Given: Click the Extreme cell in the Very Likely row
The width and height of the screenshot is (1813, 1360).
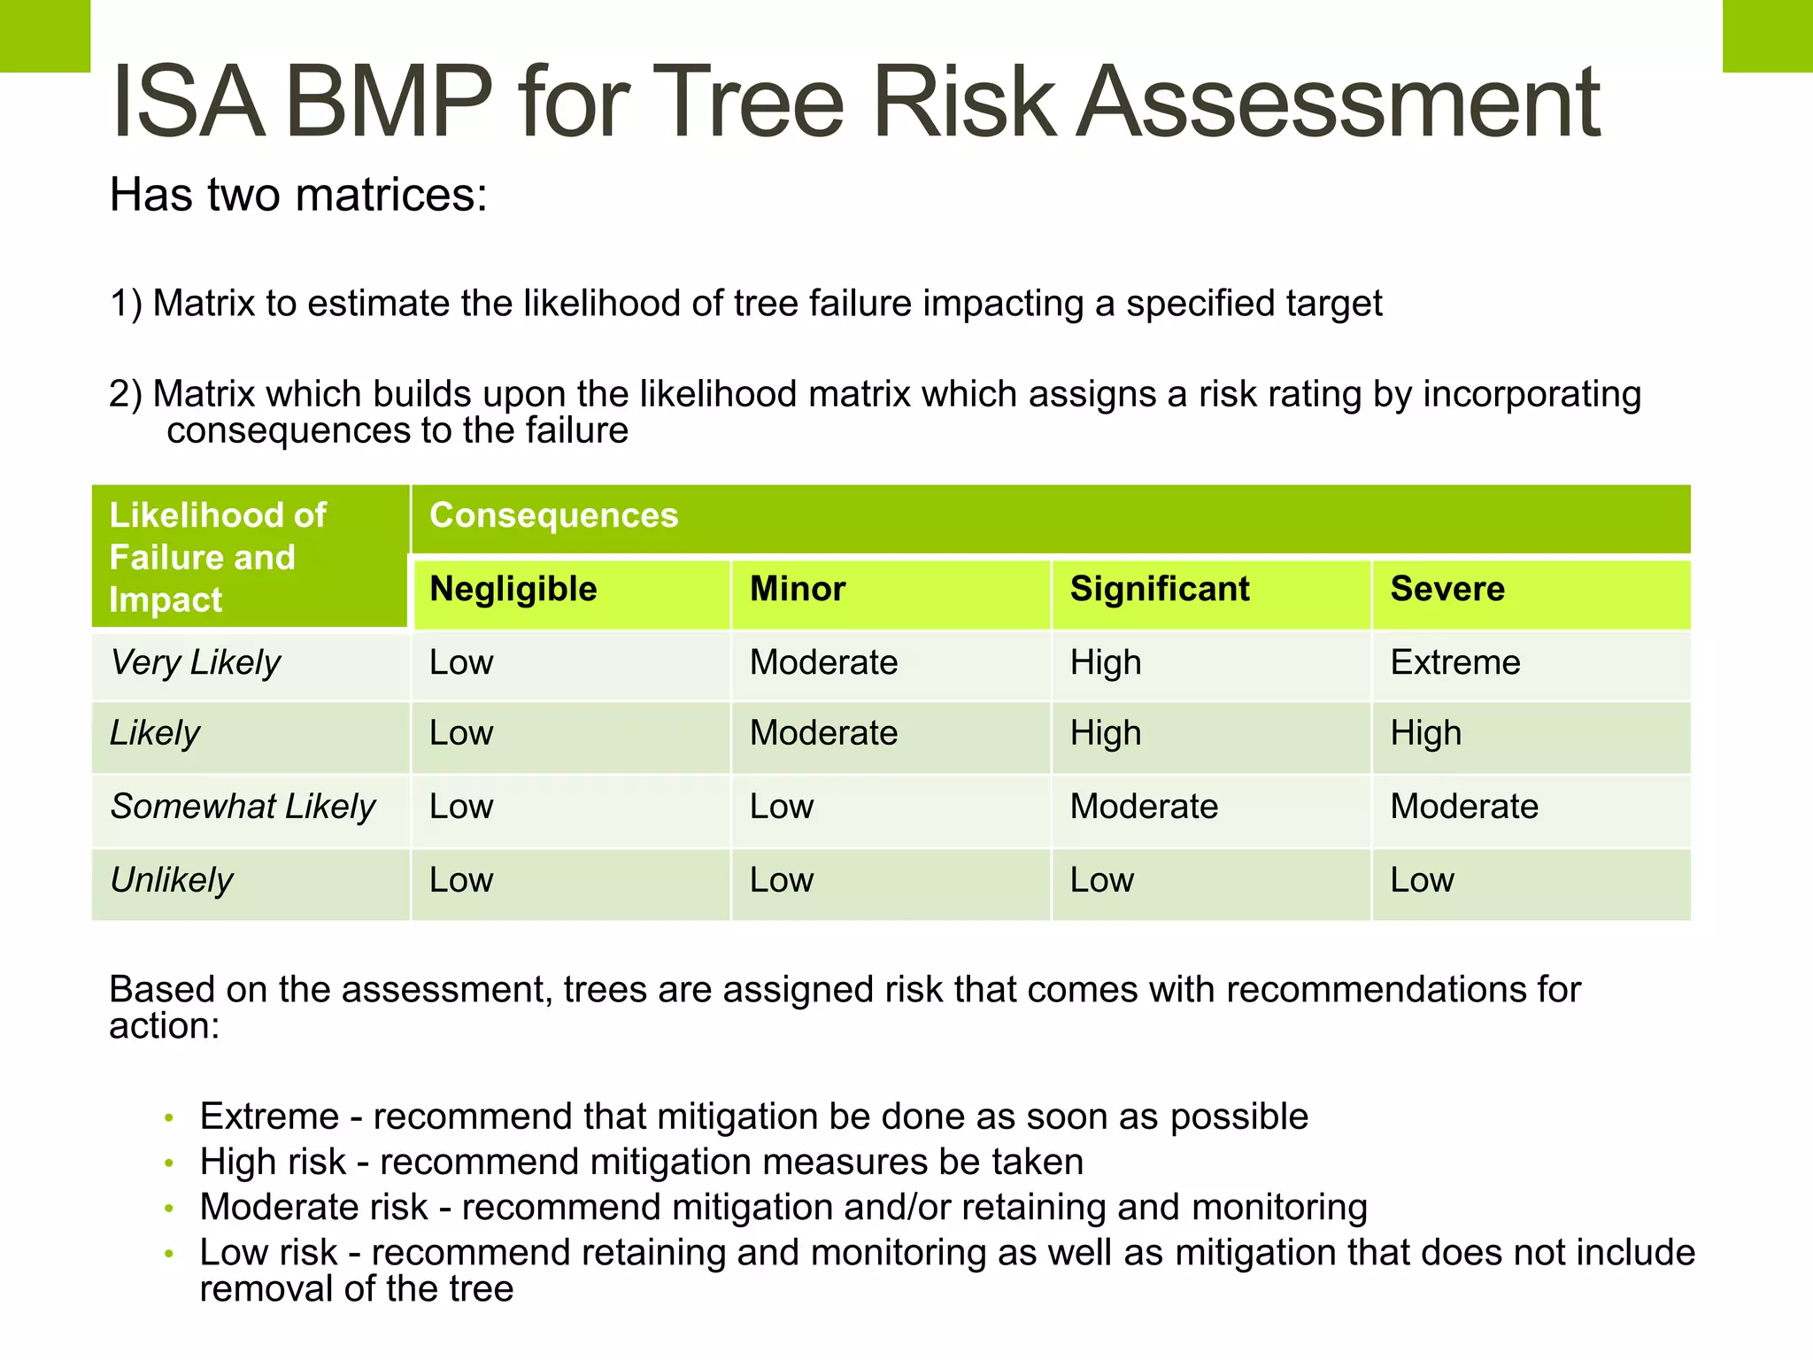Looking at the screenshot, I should [x=1454, y=662].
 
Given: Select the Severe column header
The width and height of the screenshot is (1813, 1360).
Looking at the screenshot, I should [x=1447, y=590].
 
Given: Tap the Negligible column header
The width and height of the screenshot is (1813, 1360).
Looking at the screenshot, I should [x=513, y=590].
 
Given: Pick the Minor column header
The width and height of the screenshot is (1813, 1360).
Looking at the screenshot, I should [x=798, y=590].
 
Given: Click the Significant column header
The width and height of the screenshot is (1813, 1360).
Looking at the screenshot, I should [x=1160, y=590].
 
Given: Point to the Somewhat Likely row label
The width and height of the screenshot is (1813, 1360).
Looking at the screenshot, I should [x=243, y=807].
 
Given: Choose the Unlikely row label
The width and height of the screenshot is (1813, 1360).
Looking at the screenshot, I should [x=171, y=880].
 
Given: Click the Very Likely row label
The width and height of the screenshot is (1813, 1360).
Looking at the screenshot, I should [x=195, y=662].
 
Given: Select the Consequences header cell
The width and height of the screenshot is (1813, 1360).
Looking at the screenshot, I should [x=553, y=516].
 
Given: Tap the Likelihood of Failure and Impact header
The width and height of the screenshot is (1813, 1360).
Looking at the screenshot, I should [x=217, y=557].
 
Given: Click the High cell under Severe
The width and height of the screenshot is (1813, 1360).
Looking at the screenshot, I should [x=1425, y=734].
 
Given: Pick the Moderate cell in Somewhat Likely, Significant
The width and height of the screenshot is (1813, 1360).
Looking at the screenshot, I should [x=1144, y=807].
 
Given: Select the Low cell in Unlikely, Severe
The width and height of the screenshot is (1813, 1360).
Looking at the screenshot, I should [x=1422, y=880].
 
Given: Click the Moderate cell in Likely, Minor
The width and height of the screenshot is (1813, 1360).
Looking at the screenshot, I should [x=823, y=734].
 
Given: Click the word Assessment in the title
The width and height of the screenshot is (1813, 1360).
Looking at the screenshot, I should [x=1337, y=103].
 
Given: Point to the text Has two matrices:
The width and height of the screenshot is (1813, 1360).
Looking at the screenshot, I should [x=298, y=195].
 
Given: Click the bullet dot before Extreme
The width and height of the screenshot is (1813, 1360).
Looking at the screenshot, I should [x=169, y=1118].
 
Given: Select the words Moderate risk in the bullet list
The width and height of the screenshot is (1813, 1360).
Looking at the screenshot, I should [x=313, y=1208].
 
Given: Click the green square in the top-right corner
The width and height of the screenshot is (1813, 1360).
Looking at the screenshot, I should [x=1767, y=35].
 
